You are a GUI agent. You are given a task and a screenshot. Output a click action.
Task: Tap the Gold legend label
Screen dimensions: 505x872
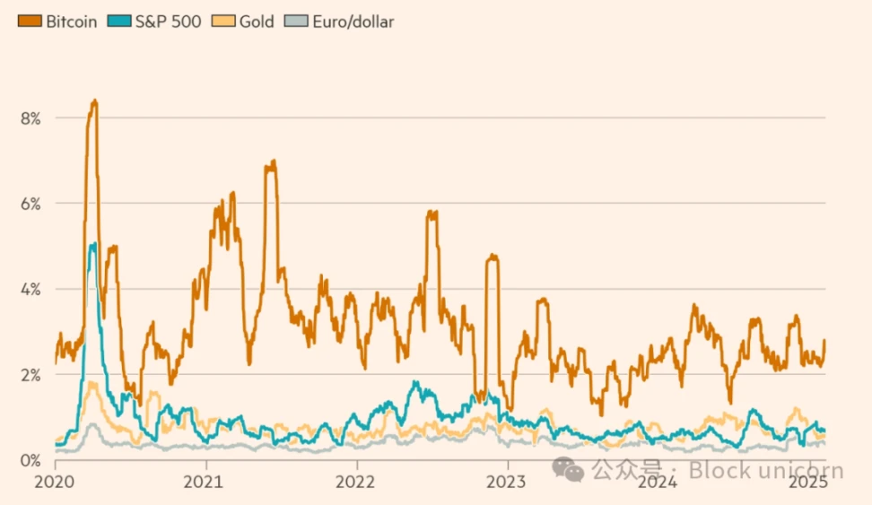[x=257, y=21]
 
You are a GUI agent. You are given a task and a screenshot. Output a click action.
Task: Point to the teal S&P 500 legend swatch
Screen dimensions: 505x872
[x=118, y=21]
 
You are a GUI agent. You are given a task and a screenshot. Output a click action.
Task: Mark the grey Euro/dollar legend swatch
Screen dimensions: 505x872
[x=295, y=21]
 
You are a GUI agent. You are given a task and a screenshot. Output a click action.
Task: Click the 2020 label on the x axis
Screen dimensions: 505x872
[x=56, y=482]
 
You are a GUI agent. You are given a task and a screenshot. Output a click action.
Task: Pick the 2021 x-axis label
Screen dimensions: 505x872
[x=206, y=482]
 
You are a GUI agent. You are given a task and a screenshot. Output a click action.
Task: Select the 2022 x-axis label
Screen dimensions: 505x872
[x=357, y=482]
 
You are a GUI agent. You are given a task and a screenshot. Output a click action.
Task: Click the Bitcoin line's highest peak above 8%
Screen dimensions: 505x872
[x=94, y=100]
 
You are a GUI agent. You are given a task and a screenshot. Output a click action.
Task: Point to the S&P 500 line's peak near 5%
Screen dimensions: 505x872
[x=92, y=243]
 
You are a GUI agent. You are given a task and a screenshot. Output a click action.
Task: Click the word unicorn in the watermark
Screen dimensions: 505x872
[x=802, y=470]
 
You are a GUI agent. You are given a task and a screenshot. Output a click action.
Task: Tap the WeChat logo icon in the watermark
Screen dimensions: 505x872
[x=566, y=467]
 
